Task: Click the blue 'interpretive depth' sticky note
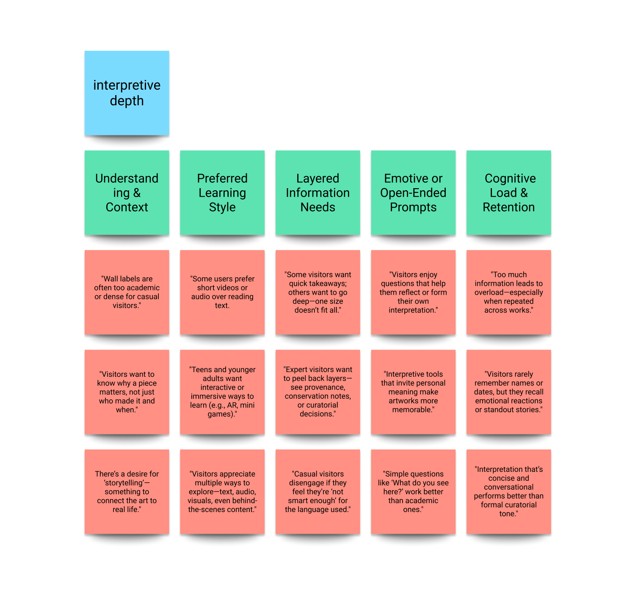pos(127,93)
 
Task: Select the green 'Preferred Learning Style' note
pos(222,192)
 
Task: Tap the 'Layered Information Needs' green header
pos(317,192)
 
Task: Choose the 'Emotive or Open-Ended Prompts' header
pos(413,192)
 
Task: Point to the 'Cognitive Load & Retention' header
pos(508,192)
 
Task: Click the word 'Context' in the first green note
pos(127,207)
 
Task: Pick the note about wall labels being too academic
pos(127,292)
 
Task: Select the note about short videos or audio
pos(222,292)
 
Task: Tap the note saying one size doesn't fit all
pos(317,292)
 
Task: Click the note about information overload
pos(508,292)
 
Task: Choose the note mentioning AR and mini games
pos(222,392)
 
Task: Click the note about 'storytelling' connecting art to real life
pos(127,491)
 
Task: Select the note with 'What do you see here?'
pos(413,491)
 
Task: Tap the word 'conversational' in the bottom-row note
pos(508,487)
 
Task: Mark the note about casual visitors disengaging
pos(317,491)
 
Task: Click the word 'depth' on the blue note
pos(127,101)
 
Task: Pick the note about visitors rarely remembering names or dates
pos(508,392)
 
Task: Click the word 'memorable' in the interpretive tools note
pos(412,409)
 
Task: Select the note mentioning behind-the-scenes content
pos(222,491)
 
